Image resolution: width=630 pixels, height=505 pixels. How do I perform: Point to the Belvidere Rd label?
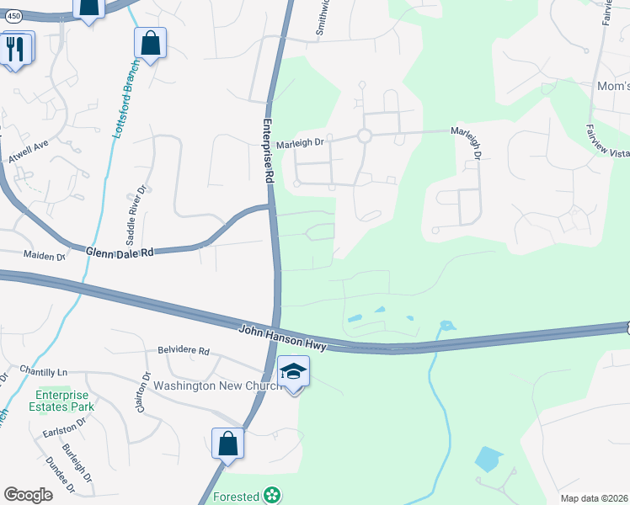[183, 351]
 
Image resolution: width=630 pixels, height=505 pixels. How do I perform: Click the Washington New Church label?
[206, 386]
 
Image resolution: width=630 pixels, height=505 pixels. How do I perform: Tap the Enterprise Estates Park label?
[65, 400]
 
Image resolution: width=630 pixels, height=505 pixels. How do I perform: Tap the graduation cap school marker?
[293, 371]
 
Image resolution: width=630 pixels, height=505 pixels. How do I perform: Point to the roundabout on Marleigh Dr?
[365, 136]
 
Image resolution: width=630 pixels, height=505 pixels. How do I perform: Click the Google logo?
[28, 495]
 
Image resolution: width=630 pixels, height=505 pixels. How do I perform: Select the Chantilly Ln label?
[45, 371]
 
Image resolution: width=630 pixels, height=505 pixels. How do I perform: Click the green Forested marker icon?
[271, 495]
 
